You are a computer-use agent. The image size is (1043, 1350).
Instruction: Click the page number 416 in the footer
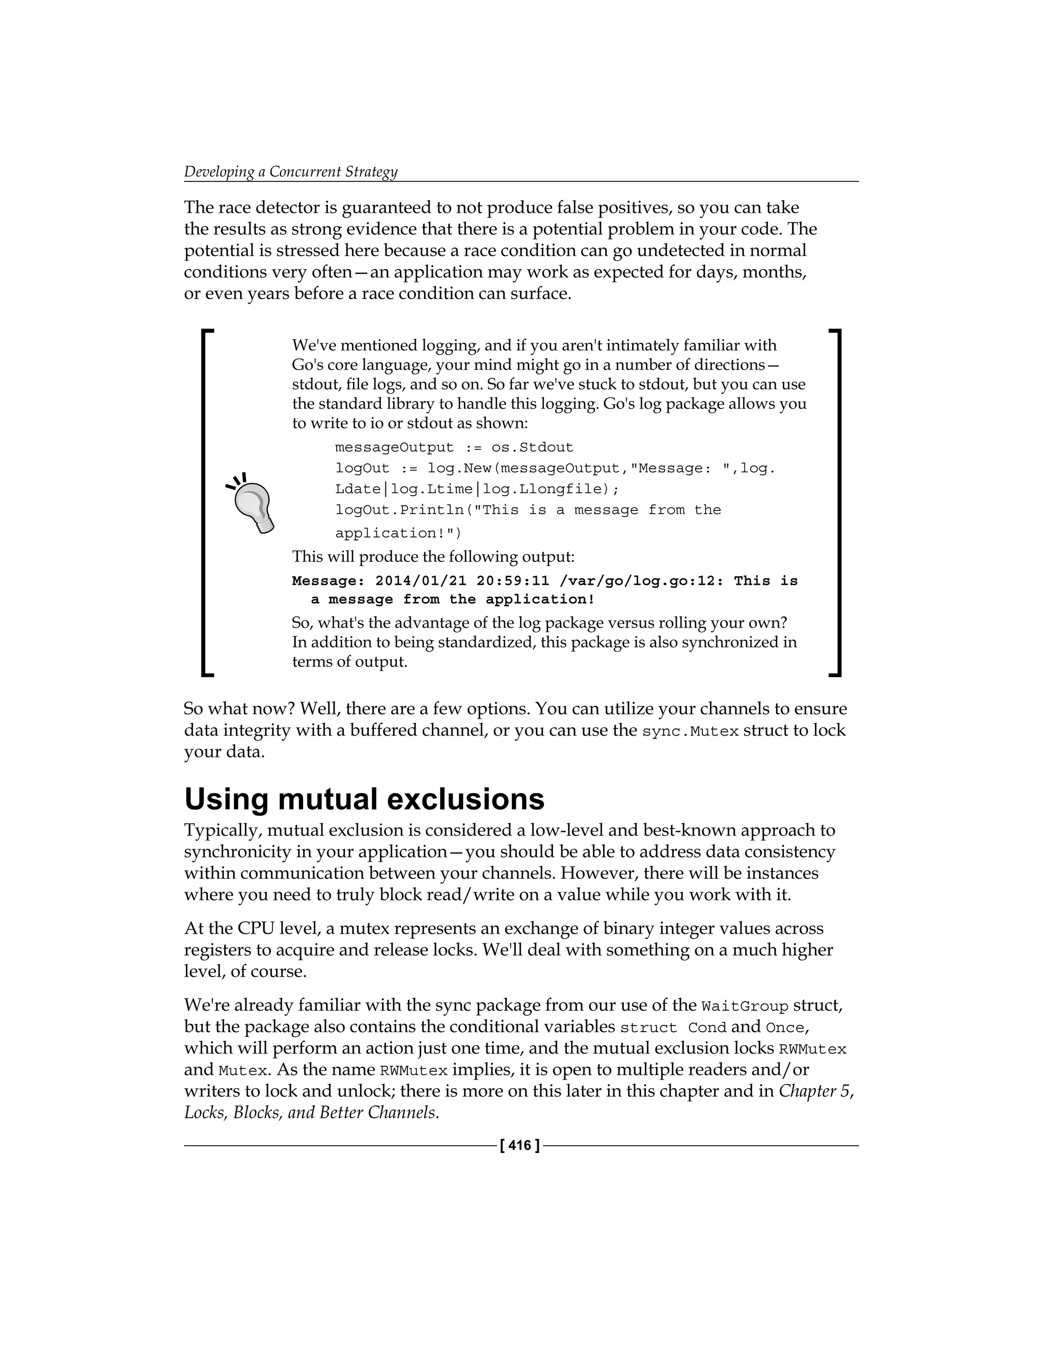[519, 1145]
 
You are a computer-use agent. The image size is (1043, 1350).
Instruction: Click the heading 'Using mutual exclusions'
[364, 799]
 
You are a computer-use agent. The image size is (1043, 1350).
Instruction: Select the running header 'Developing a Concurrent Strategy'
[290, 171]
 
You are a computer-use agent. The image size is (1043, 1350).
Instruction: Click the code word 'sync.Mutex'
[690, 731]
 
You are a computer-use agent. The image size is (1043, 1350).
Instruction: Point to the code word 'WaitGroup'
[745, 1006]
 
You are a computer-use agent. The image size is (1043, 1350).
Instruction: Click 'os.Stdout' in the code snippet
[532, 447]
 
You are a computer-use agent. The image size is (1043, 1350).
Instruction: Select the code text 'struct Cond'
[673, 1028]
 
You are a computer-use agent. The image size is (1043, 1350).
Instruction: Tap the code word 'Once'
[785, 1028]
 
